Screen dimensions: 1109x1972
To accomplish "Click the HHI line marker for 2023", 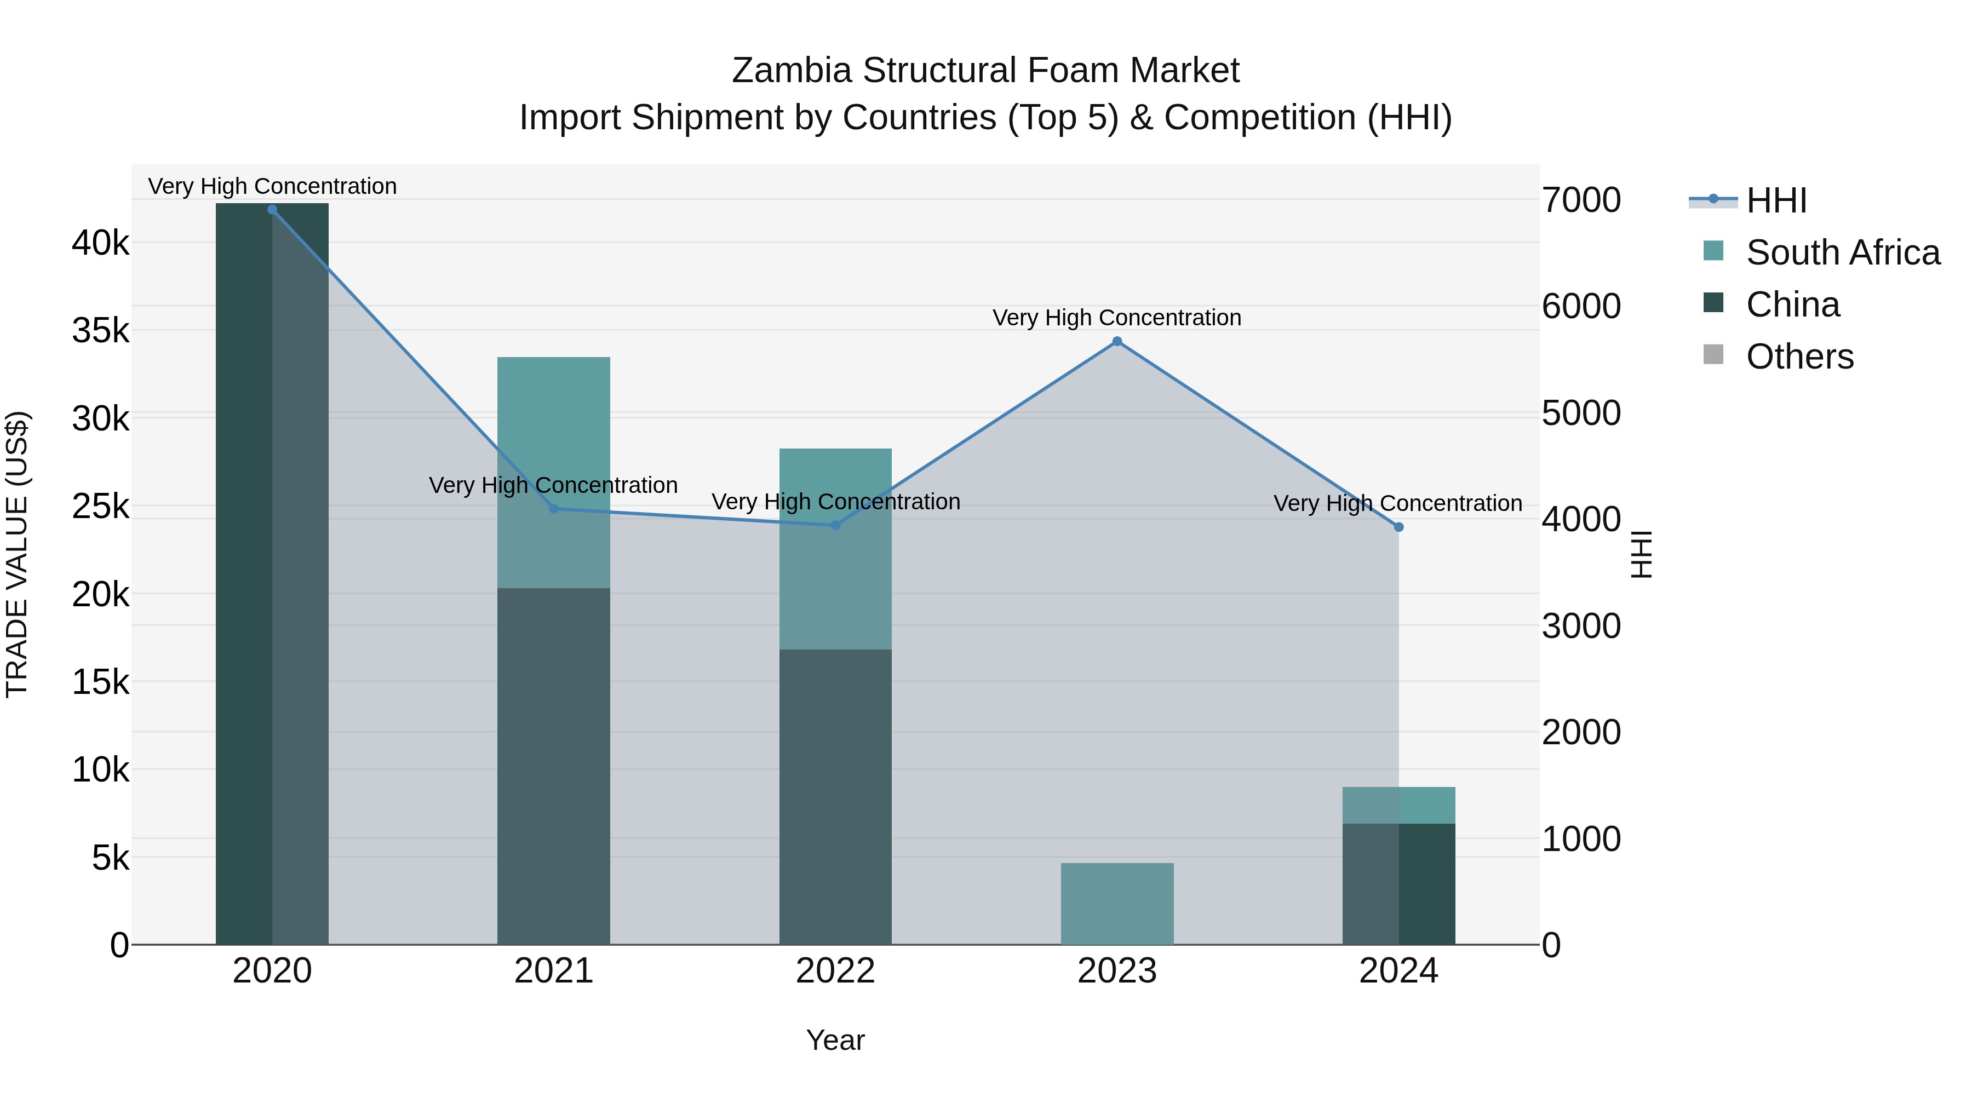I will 1117,341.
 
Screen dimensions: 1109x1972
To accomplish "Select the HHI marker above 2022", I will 835,525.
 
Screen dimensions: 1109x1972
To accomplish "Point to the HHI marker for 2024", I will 1398,527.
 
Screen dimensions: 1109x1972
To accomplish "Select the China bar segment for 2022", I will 835,796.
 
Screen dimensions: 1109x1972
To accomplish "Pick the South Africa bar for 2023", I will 1117,903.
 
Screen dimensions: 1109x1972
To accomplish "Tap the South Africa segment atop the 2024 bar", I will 1398,805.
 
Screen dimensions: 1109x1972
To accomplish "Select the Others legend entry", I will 1799,357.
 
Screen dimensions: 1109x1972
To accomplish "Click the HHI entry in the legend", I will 1776,200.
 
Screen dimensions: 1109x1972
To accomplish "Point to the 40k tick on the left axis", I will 100,243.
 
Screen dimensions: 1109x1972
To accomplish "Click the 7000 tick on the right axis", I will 1581,200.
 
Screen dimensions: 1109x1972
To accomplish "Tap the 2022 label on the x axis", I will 835,971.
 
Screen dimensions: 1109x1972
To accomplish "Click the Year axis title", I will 835,1040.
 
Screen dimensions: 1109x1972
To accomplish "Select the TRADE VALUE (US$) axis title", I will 17,555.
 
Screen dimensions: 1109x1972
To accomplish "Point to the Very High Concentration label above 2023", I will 1117,318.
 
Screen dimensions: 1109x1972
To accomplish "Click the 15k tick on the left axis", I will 100,682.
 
